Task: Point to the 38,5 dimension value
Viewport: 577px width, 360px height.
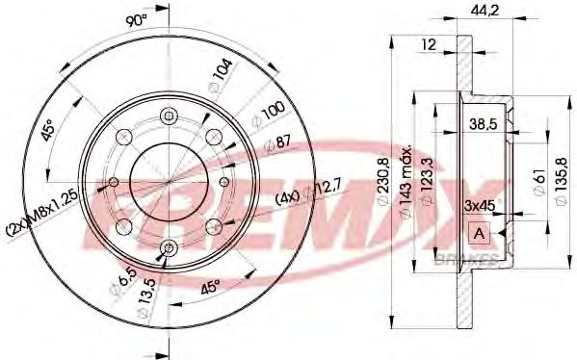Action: [x=484, y=122]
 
